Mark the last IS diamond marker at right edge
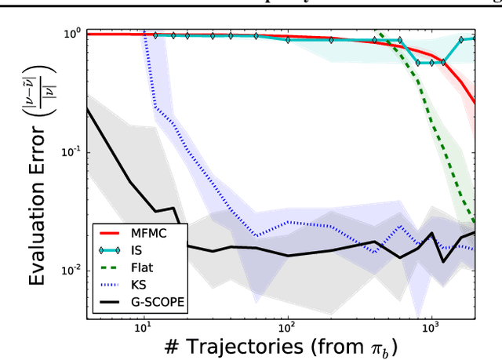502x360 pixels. point(474,38)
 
